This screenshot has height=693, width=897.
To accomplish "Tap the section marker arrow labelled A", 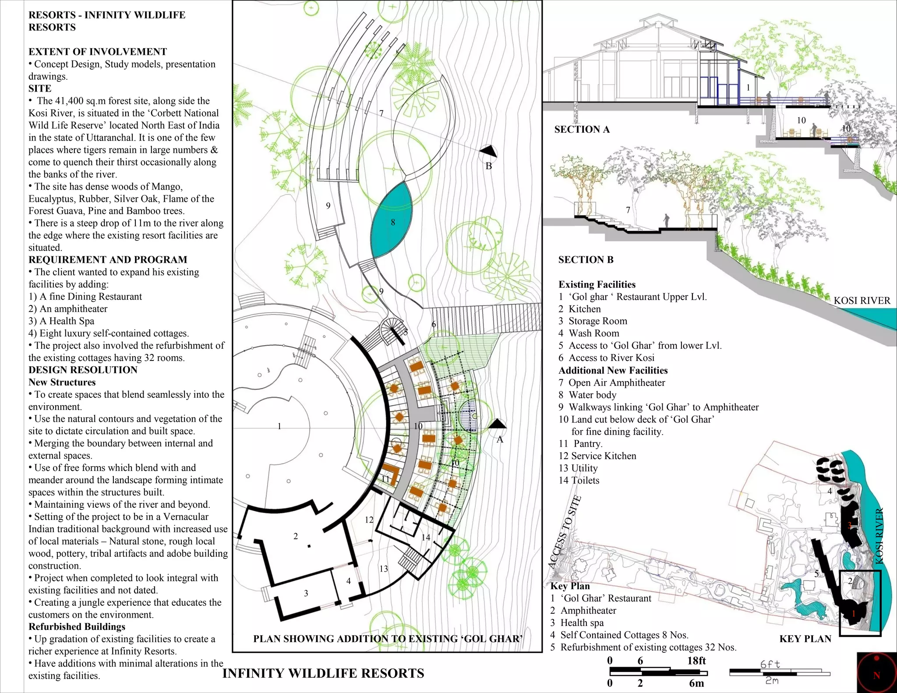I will [x=497, y=424].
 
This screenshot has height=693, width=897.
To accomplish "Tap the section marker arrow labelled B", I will [x=489, y=152].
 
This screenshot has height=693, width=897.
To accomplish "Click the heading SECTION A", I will [x=582, y=129].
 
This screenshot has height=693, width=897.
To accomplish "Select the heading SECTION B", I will [x=586, y=260].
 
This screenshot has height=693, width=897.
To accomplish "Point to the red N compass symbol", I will [x=876, y=673].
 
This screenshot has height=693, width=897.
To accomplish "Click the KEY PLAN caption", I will [x=805, y=639].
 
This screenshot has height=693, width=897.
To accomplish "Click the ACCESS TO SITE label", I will [x=565, y=532].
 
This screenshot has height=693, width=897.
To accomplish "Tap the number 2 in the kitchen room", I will [x=296, y=536].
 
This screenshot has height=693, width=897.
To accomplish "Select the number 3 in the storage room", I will [x=306, y=593].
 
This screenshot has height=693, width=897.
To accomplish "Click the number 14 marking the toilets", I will [x=426, y=537].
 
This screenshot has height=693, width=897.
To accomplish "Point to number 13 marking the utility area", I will [x=384, y=569].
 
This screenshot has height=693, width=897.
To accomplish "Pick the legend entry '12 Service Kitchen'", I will [x=597, y=456].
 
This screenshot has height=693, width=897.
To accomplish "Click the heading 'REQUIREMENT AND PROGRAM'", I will [x=108, y=259].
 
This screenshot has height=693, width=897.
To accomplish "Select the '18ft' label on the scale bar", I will [x=696, y=661].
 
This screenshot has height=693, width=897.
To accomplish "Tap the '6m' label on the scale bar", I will [x=696, y=683].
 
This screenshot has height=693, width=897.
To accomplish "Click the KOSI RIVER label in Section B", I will [x=862, y=301].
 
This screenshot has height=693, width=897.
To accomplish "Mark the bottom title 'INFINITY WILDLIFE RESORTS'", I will [x=323, y=673].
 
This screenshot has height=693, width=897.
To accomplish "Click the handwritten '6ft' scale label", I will [x=770, y=664].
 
